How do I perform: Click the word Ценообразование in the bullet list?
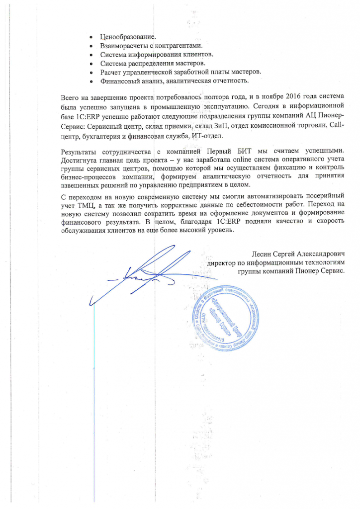128,37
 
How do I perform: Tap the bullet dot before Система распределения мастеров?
90,64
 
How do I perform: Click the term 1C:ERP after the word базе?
88,115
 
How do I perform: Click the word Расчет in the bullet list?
112,73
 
